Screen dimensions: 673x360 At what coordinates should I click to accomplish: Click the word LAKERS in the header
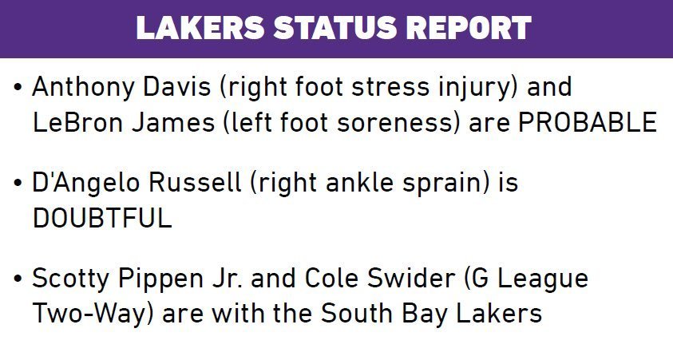(x=200, y=27)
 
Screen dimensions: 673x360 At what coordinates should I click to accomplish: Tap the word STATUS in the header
(x=335, y=27)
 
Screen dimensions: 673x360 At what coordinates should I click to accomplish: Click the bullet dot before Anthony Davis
(x=18, y=87)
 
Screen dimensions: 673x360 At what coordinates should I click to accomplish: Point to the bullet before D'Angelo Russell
(x=18, y=182)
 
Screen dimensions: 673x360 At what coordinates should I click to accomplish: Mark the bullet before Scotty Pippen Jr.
(x=18, y=278)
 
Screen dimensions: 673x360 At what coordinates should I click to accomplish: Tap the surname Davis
(x=177, y=86)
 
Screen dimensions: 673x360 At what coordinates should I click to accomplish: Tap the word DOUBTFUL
(x=102, y=219)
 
